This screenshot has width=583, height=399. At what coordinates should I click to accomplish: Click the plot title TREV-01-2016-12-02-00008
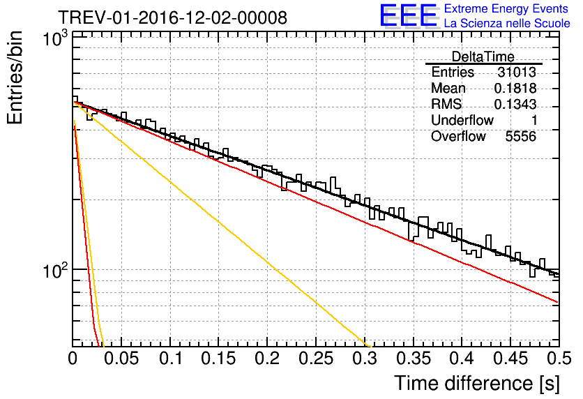(172, 17)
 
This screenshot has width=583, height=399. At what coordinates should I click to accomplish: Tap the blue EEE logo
(408, 16)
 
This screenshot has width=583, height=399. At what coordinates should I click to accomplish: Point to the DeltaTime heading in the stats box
(483, 57)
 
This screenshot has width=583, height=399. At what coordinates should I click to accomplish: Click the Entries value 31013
(517, 73)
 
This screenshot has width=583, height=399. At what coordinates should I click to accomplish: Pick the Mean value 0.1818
(515, 89)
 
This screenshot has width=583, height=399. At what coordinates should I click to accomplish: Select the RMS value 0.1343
(515, 105)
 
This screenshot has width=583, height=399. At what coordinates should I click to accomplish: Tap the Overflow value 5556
(520, 137)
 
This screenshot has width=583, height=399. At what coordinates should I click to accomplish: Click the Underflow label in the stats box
(462, 121)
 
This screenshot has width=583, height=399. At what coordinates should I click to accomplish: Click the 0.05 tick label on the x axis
(121, 359)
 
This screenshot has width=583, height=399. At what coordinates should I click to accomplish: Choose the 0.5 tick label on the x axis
(557, 359)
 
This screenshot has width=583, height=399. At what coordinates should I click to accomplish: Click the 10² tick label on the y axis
(54, 269)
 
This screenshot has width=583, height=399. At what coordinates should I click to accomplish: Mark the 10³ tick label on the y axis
(54, 39)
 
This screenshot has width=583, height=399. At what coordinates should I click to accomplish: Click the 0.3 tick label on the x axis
(365, 359)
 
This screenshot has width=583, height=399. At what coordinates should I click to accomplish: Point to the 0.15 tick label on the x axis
(219, 359)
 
